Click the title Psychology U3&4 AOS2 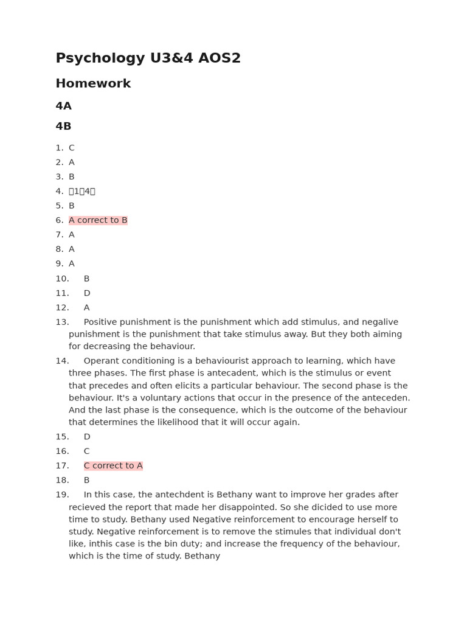point(148,58)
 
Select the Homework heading point(93,84)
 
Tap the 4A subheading point(63,106)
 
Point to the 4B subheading point(63,127)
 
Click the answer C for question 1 point(71,148)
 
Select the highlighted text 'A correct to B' point(98,220)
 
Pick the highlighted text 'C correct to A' point(113,466)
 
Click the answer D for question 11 point(87,293)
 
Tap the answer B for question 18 point(86,481)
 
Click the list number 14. point(62,361)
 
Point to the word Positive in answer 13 point(102,322)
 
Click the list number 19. point(62,495)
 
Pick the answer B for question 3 point(71,177)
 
